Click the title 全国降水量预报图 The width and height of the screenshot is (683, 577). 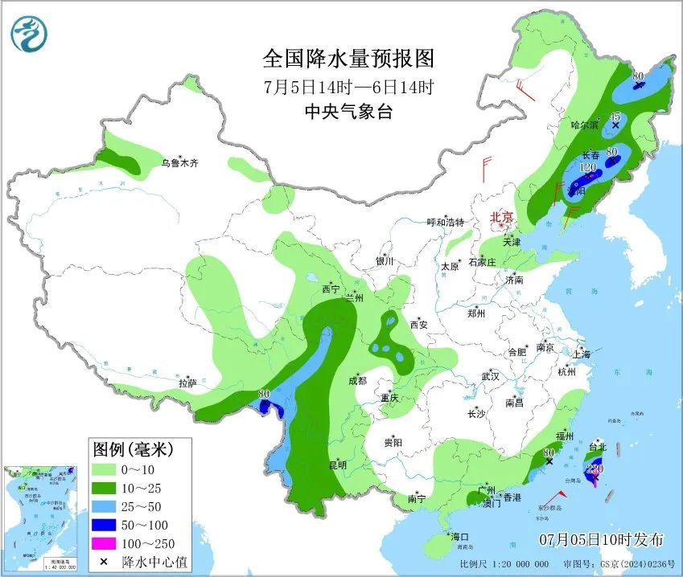coord(348,59)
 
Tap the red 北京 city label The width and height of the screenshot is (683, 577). coord(504,217)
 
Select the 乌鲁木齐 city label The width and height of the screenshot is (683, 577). coord(179,163)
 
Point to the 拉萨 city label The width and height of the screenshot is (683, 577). coord(187,383)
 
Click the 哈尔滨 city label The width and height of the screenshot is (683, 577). coord(585,125)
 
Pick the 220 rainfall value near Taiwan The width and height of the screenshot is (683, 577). coord(595,469)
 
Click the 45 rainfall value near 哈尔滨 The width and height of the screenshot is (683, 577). coord(615,117)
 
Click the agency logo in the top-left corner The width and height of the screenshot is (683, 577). coord(29,33)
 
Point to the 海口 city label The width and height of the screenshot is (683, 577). coord(460,537)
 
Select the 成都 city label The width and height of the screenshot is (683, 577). coord(358,381)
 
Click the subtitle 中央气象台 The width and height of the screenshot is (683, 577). coord(348,113)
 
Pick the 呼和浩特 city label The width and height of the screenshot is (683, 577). coord(445,223)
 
